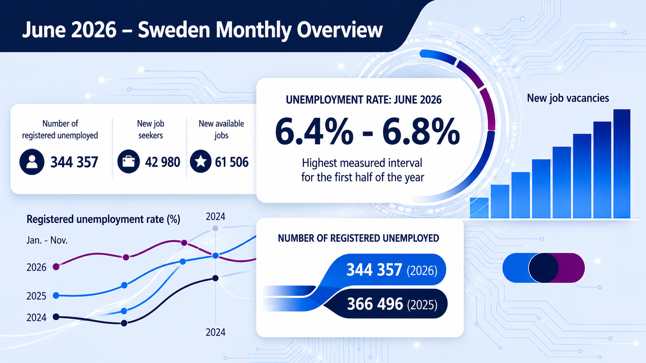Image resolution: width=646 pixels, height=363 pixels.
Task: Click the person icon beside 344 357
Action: point(32,162)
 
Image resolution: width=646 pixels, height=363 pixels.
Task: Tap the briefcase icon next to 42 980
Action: point(129,162)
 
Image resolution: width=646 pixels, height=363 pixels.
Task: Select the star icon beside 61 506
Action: point(201,162)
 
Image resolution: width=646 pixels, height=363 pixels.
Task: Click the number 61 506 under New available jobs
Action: point(231,162)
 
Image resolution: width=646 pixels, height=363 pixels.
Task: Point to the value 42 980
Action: point(163,162)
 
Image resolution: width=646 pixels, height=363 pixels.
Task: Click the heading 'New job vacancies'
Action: point(568,98)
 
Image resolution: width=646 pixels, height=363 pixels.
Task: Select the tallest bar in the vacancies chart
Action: point(622,164)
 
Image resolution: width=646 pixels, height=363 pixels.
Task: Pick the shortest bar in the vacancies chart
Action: point(479,208)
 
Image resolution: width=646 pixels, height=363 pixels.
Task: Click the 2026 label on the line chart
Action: point(36,267)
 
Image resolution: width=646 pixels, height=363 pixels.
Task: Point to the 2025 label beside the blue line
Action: point(36,296)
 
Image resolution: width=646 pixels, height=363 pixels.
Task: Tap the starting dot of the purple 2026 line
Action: point(56,267)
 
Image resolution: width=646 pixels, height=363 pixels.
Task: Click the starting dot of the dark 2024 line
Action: point(56,317)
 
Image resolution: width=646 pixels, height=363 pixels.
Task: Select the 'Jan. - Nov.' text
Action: point(47,240)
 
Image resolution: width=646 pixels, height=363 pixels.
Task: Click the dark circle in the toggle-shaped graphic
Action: point(543,268)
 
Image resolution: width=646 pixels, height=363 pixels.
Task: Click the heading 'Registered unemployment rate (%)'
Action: point(103,219)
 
